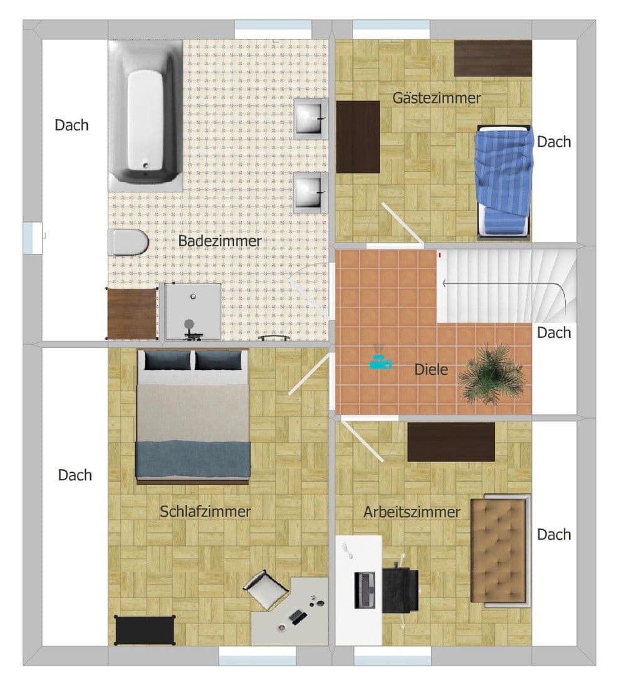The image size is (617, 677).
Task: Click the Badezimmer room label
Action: tap(219, 241)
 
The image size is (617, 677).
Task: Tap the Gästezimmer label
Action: tap(437, 98)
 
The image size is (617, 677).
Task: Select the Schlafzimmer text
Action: tap(205, 512)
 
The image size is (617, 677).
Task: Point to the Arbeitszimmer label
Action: tap(412, 512)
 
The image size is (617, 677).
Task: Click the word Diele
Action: tap(431, 370)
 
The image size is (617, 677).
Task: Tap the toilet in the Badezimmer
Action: tap(127, 242)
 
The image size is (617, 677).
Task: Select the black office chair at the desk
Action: tap(400, 589)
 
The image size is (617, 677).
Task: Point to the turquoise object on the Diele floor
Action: tap(380, 362)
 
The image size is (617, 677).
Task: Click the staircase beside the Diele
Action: tap(507, 285)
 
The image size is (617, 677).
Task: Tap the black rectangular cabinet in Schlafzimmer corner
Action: tap(144, 629)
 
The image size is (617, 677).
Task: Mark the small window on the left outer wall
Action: tap(32, 238)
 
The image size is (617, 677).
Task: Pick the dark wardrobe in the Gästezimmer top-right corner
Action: tap(492, 58)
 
